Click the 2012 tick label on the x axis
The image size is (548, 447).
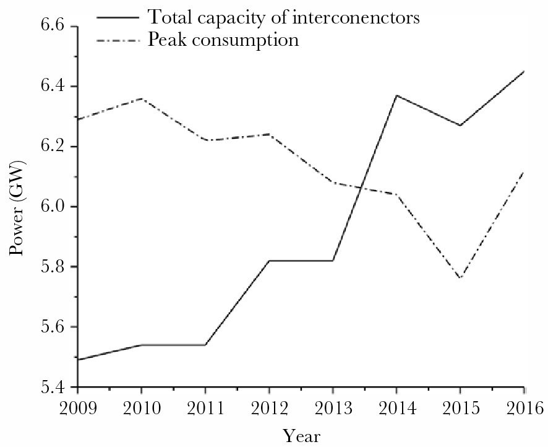tap(268, 408)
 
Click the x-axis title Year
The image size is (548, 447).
tap(302, 435)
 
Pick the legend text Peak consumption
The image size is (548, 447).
tap(223, 40)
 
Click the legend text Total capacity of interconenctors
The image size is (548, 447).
tap(284, 17)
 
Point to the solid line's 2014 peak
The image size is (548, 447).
tap(396, 95)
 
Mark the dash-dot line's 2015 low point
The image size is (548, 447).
tap(460, 279)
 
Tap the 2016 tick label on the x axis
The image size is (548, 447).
tap(523, 408)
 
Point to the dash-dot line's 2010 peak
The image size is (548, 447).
tap(142, 98)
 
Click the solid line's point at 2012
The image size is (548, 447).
tap(269, 261)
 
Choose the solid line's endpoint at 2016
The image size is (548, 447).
tap(524, 71)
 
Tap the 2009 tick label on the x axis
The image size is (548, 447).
tap(77, 408)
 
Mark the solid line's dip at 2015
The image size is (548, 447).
tap(460, 126)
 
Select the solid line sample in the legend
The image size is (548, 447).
tap(119, 17)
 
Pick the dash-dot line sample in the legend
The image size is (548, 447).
tap(119, 41)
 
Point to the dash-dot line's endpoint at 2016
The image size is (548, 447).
tap(524, 171)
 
